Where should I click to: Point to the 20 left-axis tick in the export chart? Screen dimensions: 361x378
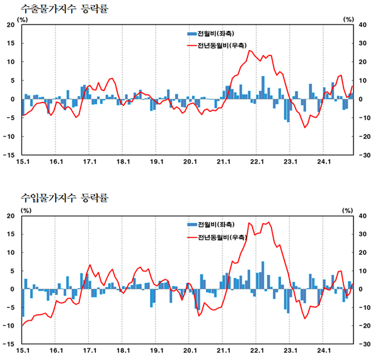(10, 25)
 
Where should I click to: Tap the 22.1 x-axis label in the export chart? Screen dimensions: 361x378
(256, 162)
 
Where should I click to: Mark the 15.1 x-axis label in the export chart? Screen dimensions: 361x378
(23, 162)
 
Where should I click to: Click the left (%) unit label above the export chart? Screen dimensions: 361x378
(23, 19)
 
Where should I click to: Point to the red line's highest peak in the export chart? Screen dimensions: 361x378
(250, 51)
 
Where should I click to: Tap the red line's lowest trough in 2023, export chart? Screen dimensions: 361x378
(305, 128)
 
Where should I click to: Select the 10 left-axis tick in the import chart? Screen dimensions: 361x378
(10, 253)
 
